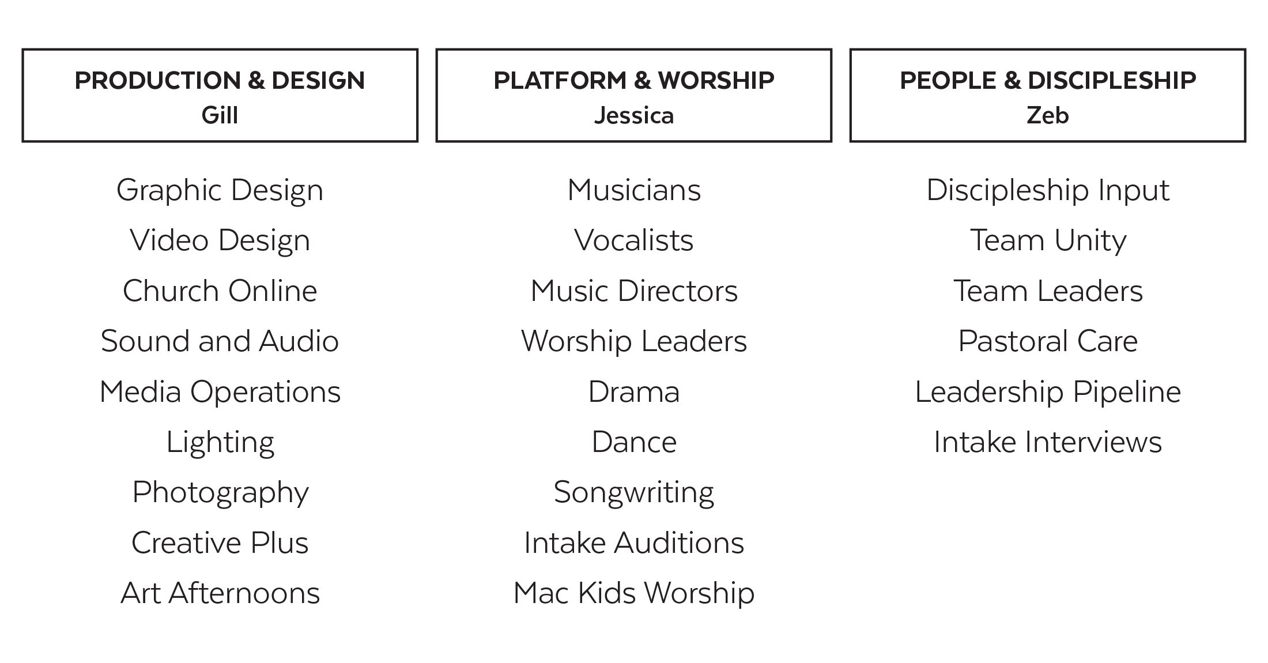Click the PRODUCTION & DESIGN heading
(220, 81)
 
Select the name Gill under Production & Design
(220, 115)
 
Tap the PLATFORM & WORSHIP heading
(633, 81)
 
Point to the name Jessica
(633, 115)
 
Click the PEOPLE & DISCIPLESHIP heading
(1047, 81)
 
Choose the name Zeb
(1047, 115)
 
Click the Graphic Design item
(220, 190)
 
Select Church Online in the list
(220, 291)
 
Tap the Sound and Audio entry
(220, 341)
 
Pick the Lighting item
(220, 442)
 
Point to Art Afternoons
(220, 593)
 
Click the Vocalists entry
(633, 240)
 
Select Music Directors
(633, 291)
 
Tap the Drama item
(633, 392)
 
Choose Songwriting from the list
(633, 492)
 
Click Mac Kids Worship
(633, 593)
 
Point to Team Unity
(1047, 240)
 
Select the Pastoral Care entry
(1047, 341)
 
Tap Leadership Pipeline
(1047, 392)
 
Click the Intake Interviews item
(1047, 442)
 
